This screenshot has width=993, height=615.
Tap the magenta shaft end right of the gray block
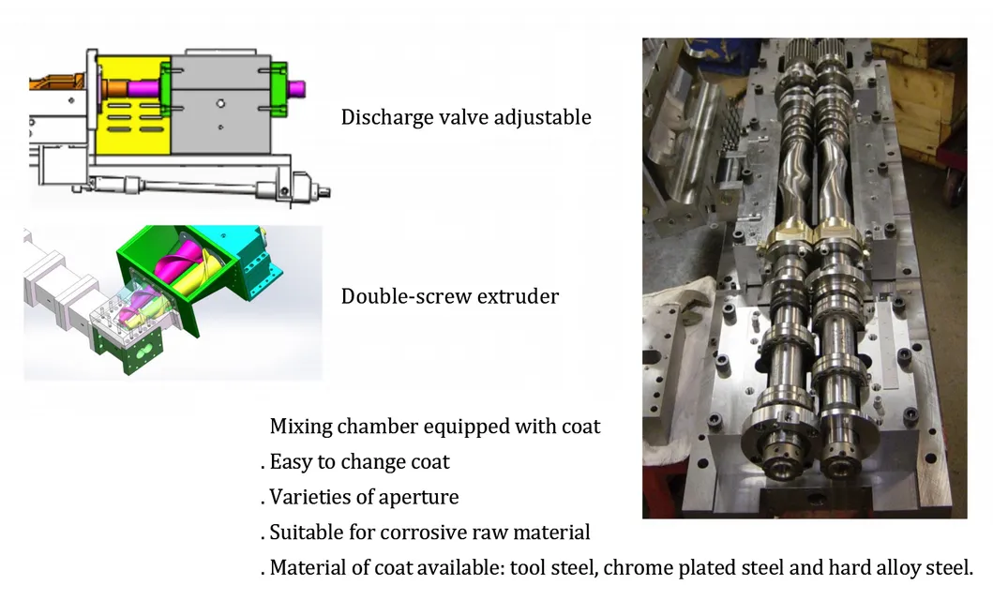tap(296, 89)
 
